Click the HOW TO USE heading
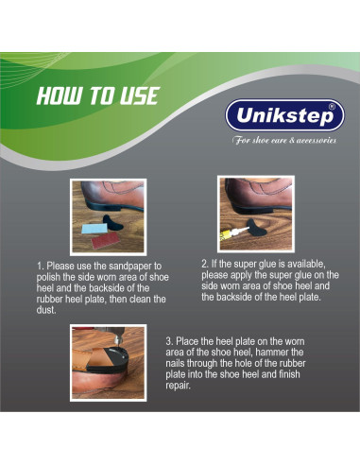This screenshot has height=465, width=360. [97, 95]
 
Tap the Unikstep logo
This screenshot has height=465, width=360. [284, 115]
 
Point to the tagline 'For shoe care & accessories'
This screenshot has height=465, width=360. [284, 140]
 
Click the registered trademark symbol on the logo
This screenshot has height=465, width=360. [332, 107]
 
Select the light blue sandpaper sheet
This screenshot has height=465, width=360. [95, 228]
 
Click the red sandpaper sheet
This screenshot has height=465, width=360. [106, 241]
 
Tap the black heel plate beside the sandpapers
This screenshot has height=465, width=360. [113, 222]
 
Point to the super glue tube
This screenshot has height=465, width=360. [234, 233]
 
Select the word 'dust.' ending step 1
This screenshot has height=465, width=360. [46, 310]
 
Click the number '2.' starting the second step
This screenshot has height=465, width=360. [205, 264]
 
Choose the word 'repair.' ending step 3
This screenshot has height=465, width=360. [179, 386]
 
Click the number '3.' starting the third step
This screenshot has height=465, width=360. [169, 341]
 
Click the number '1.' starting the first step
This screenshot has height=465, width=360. [40, 267]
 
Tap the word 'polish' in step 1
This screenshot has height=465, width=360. [48, 277]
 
